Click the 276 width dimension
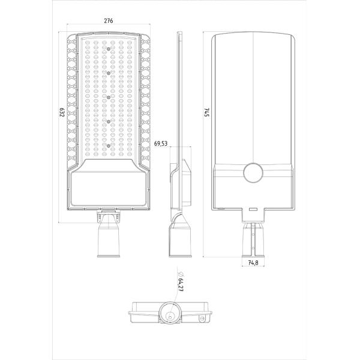pos(109,21)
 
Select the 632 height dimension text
pos(62,115)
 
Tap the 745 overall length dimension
pos(206,113)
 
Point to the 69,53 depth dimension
pos(161,144)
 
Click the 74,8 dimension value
pos(253,263)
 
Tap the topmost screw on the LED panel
pos(109,49)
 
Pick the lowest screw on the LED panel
pos(109,145)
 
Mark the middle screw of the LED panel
pos(109,97)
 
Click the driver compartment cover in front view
pos(109,187)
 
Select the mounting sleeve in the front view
pos(109,237)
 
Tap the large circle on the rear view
pos(253,172)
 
